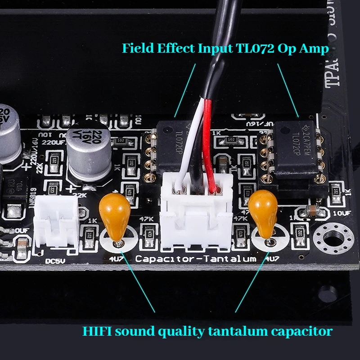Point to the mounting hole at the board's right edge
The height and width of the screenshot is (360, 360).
click(336, 237)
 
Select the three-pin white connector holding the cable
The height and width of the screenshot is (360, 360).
click(197, 216)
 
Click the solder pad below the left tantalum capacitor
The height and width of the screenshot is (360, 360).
click(118, 243)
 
